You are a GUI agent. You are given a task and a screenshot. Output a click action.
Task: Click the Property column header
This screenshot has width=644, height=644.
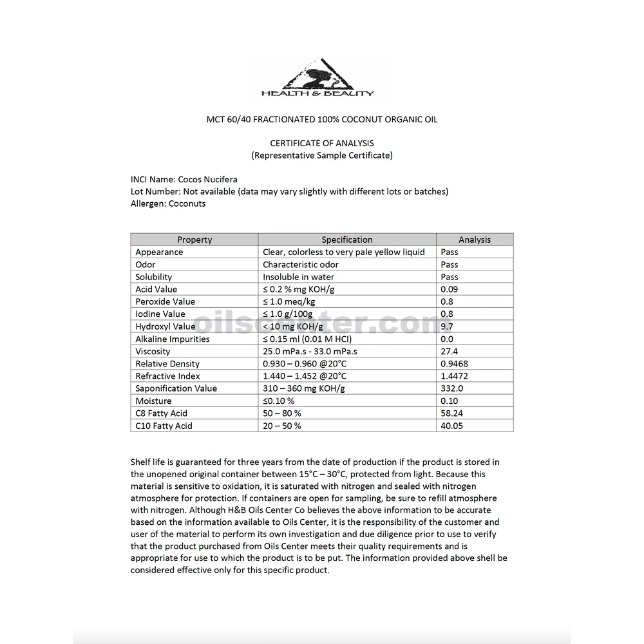click(x=194, y=240)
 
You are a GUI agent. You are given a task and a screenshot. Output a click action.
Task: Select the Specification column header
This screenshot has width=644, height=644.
click(x=347, y=240)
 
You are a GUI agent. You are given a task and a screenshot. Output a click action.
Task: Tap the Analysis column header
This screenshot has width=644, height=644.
click(x=475, y=240)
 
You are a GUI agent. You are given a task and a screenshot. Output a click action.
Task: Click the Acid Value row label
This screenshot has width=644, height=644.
click(x=156, y=289)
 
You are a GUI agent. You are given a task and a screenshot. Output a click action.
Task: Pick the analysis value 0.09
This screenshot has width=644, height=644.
click(x=449, y=289)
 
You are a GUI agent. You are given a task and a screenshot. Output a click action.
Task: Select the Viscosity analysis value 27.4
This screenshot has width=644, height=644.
click(x=449, y=352)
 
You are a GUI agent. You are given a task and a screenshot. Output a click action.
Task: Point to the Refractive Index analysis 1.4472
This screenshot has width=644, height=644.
click(x=454, y=376)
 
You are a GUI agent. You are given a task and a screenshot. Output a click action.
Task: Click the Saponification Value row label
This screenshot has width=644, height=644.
click(x=176, y=388)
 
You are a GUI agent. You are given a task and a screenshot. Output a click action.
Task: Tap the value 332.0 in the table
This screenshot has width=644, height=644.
click(x=451, y=388)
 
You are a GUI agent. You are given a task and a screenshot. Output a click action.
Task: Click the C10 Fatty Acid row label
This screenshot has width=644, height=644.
click(x=164, y=426)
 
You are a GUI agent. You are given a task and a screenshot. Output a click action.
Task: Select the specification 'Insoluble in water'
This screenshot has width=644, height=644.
click(x=298, y=277)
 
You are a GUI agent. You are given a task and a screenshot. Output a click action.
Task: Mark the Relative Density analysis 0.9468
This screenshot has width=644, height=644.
click(x=454, y=364)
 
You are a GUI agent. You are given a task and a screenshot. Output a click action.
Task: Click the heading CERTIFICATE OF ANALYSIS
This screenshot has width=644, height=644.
click(x=322, y=143)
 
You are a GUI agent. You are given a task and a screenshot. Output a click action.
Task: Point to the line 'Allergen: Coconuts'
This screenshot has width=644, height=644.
click(x=168, y=204)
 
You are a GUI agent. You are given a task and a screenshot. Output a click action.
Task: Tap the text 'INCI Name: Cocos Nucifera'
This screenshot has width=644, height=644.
click(x=184, y=180)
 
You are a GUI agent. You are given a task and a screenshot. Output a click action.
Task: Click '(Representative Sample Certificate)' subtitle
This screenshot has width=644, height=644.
click(x=321, y=155)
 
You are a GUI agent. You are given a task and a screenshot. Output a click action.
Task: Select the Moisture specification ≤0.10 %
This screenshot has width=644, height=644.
click(x=279, y=401)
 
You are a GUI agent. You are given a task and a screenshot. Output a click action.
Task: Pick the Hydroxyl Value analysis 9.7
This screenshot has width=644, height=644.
click(x=447, y=327)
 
